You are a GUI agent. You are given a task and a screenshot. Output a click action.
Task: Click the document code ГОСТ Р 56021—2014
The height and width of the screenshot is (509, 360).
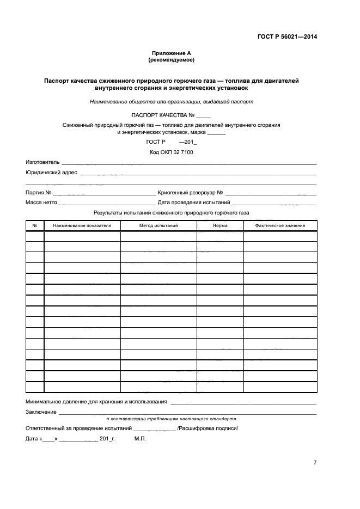click(287, 37)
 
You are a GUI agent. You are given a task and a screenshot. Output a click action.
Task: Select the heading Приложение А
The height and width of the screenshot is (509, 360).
click(172, 53)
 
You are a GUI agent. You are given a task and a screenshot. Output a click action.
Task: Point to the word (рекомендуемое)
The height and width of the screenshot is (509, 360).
click(172, 59)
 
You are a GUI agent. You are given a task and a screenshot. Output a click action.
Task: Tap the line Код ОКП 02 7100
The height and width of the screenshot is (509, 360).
click(172, 152)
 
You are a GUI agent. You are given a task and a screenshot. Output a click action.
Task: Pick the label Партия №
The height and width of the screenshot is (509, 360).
click(38, 193)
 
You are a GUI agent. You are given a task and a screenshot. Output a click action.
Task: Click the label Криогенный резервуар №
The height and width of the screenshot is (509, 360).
click(190, 193)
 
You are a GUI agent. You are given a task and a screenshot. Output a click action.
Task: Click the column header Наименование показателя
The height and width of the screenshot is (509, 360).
click(82, 225)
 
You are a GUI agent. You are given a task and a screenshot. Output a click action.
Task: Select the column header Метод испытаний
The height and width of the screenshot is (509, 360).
click(158, 225)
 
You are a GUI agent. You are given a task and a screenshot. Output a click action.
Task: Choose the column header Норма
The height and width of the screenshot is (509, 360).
click(220, 225)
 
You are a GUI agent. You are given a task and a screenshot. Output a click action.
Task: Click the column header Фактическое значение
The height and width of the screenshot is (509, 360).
click(280, 225)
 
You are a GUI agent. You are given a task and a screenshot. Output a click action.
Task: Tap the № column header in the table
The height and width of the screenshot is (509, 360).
click(34, 225)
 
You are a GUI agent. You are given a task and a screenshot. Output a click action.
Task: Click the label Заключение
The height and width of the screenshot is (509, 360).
click(41, 412)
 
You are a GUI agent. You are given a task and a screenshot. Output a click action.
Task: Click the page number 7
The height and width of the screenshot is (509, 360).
click(315, 463)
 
